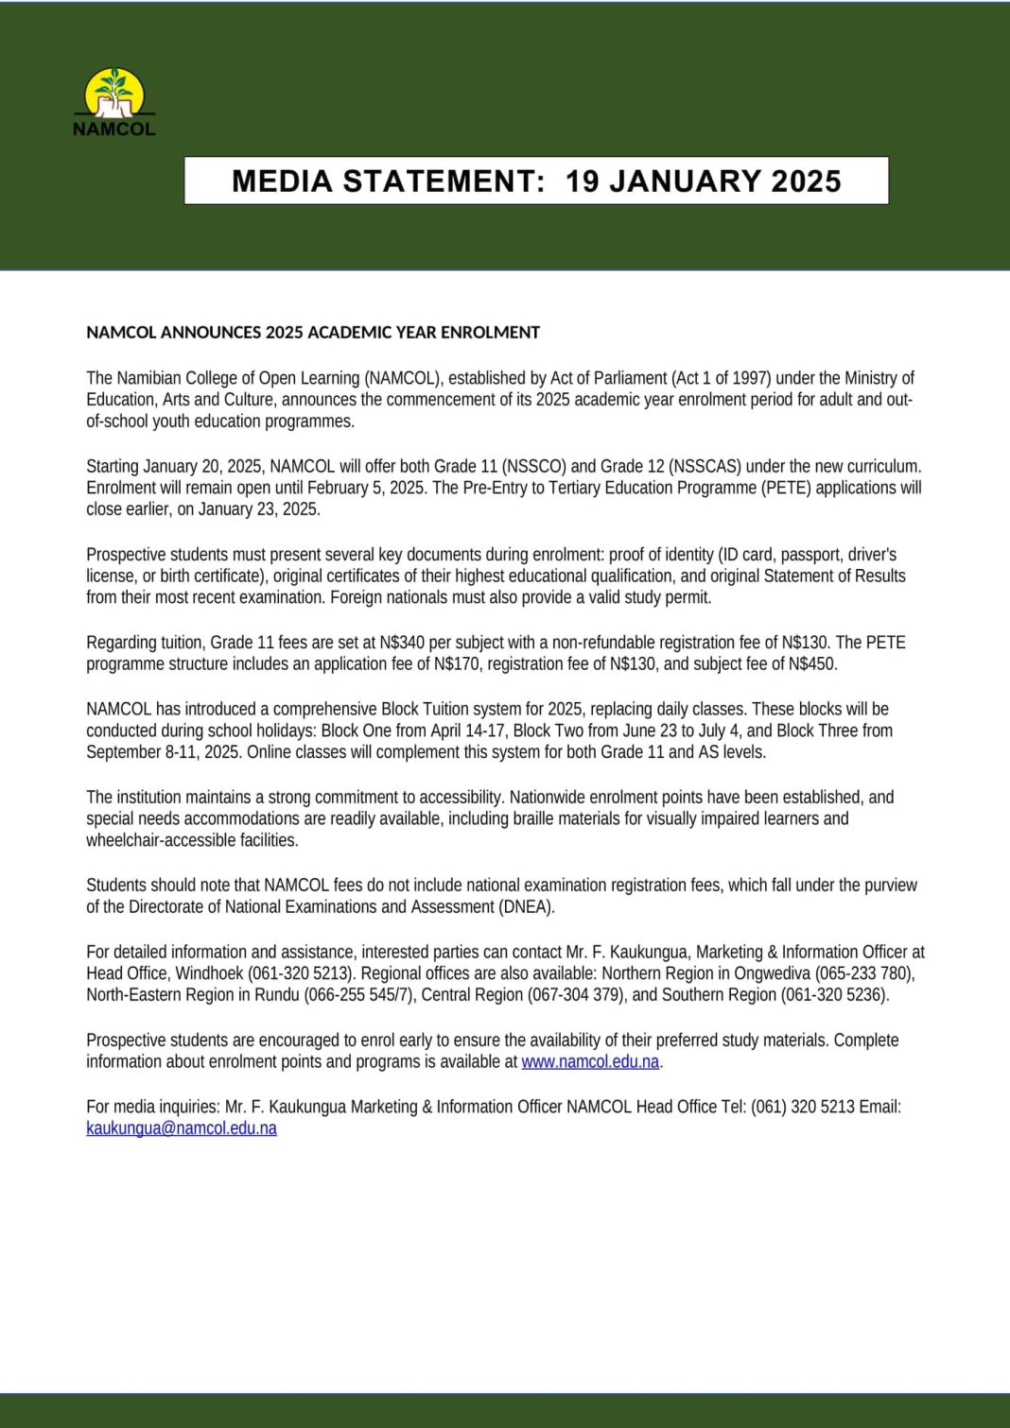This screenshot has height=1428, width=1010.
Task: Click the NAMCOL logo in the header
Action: (x=114, y=103)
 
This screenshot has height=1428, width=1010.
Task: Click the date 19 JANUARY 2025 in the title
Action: (x=703, y=181)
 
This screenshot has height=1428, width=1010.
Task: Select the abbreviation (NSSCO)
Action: (x=533, y=466)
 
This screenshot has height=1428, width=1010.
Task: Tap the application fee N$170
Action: (x=456, y=664)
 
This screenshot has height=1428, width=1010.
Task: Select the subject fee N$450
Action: (x=811, y=664)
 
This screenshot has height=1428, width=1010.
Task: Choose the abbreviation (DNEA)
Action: (x=526, y=907)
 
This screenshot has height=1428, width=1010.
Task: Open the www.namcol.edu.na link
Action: (x=590, y=1062)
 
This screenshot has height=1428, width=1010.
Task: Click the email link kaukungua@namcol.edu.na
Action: (x=182, y=1128)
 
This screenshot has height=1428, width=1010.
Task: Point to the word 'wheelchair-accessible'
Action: (x=164, y=840)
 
